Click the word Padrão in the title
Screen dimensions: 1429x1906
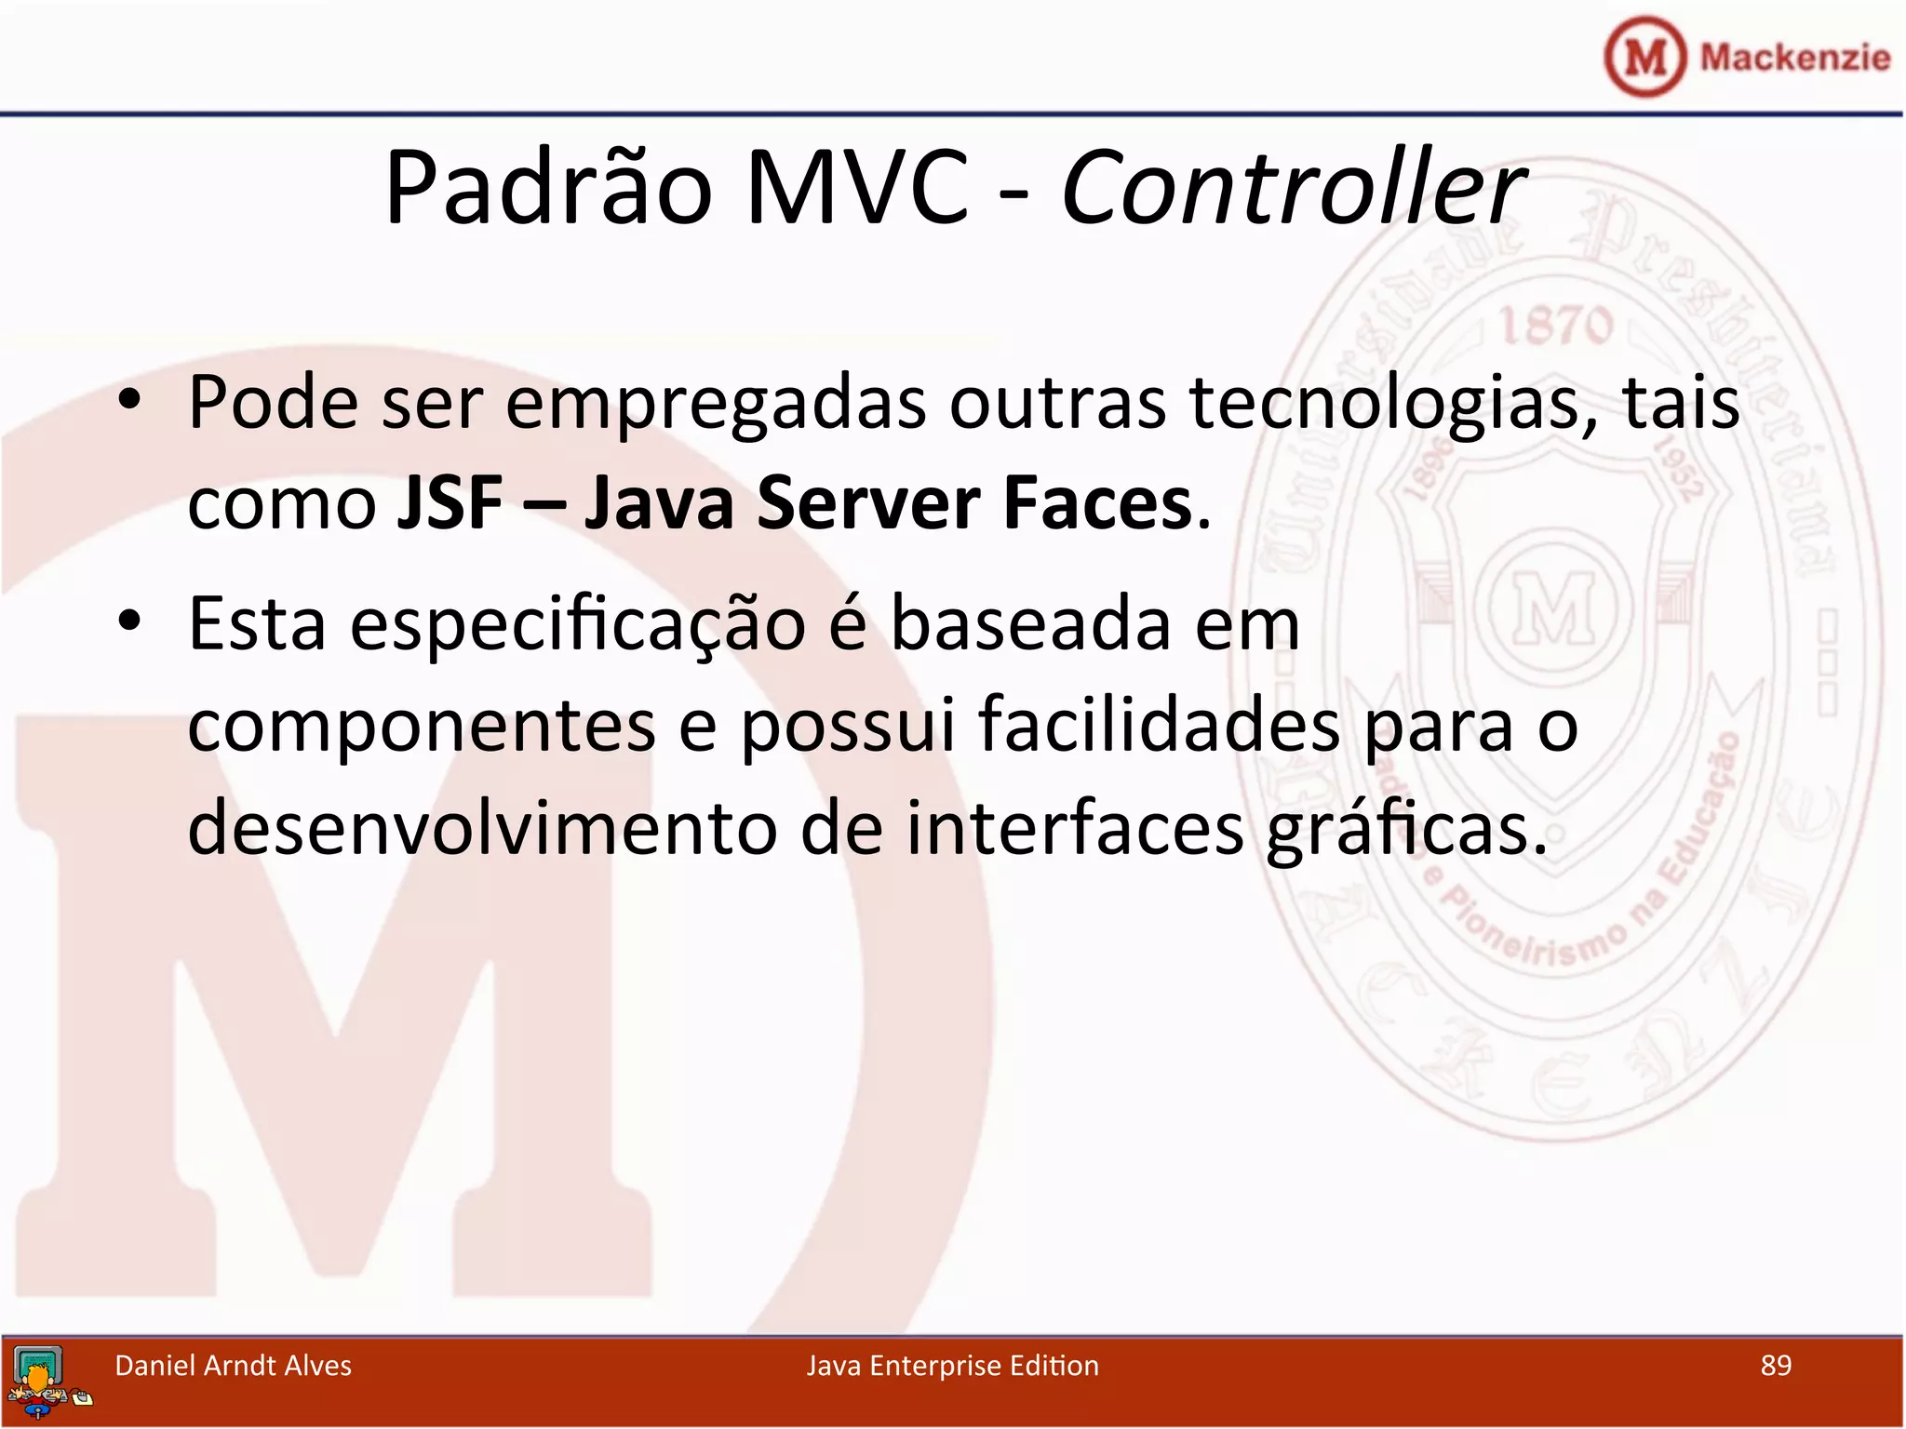(549, 189)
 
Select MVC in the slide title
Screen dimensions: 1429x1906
(856, 189)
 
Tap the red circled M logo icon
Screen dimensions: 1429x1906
(1644, 57)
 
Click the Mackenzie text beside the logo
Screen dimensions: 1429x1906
(1794, 57)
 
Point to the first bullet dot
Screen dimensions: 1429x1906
(129, 401)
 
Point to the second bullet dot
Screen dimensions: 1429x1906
(129, 621)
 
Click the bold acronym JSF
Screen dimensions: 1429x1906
(450, 502)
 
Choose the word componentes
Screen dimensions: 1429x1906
(422, 727)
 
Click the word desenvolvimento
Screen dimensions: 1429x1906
(482, 828)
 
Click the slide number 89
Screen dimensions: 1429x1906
(1776, 1365)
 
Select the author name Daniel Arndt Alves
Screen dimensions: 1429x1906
(233, 1365)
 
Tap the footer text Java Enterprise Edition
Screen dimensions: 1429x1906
(952, 1365)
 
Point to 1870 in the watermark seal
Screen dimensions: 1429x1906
(1555, 326)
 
